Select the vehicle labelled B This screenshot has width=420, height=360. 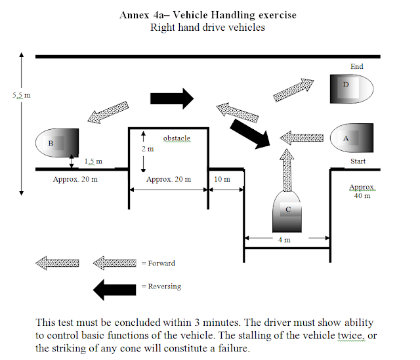(x=58, y=142)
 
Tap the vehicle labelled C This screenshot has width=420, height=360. (x=286, y=210)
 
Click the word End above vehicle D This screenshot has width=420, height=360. (x=356, y=66)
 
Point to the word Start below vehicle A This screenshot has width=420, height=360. (x=358, y=161)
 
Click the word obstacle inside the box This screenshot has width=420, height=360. (x=176, y=138)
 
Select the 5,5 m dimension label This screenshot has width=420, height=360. (x=21, y=95)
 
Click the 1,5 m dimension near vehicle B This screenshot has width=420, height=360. (x=93, y=161)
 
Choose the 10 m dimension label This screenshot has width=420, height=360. (x=222, y=178)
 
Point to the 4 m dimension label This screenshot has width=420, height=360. (x=284, y=240)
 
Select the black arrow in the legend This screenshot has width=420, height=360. (x=114, y=287)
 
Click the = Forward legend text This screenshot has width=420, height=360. (x=158, y=264)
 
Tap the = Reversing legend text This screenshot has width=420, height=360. (x=161, y=287)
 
